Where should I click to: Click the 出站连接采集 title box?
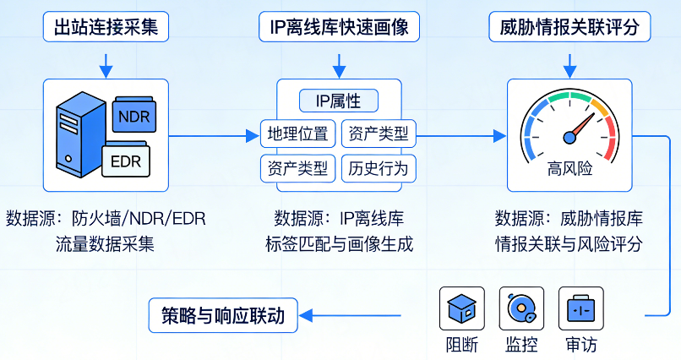tap(105, 27)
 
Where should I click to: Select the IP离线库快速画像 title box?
tap(338, 27)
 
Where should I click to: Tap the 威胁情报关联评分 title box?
tap(570, 27)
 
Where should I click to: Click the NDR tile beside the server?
tap(133, 116)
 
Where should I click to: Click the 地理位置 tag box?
tap(297, 133)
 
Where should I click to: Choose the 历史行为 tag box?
tap(378, 168)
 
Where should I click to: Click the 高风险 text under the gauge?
tap(569, 168)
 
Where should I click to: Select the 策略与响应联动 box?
tap(223, 316)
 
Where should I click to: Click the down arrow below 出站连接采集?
tap(105, 63)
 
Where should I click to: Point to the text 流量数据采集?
tap(105, 245)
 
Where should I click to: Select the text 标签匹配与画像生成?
tap(339, 245)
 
